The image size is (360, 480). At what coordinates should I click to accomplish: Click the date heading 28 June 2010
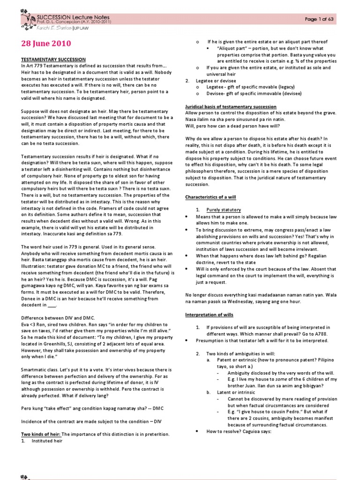click(46, 44)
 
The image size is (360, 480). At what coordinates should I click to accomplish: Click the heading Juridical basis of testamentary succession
click(231, 107)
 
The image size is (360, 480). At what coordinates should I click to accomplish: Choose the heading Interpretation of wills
click(209, 315)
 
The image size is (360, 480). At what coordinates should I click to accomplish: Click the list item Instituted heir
click(46, 441)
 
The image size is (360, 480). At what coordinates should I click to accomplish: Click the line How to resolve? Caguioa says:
click(239, 431)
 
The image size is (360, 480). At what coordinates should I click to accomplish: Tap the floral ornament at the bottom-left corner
click(24, 477)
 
